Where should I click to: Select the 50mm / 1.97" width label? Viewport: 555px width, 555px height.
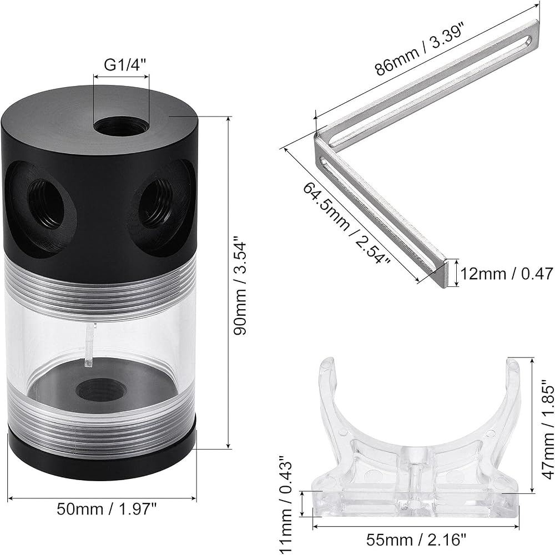(107, 509)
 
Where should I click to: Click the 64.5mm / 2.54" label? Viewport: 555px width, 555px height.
(346, 223)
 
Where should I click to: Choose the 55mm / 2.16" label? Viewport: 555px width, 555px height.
(416, 540)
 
